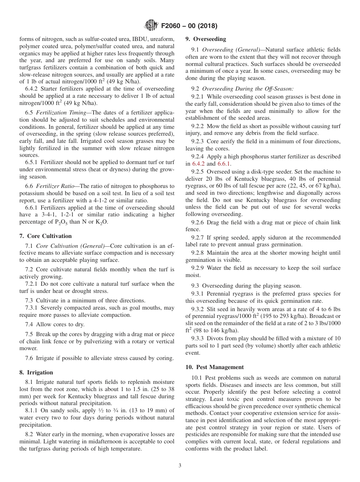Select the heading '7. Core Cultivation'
tap(45, 236)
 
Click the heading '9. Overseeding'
tap(205, 39)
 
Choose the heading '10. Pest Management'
tap(214, 367)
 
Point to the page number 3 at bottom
tap(180, 466)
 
